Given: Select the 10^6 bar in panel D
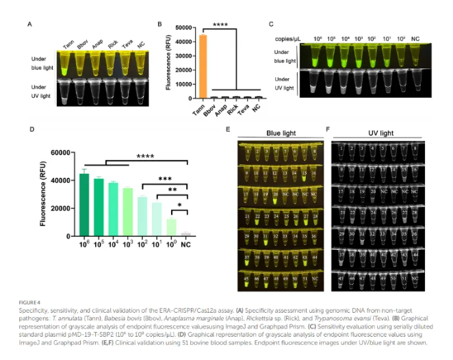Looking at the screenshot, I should [x=84, y=205].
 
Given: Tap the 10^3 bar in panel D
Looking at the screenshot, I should [x=128, y=211].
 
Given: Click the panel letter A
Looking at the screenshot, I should [x=30, y=25].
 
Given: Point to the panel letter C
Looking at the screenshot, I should [x=271, y=25].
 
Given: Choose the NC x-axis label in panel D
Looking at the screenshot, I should [x=186, y=244].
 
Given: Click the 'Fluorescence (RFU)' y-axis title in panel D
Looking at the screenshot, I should [x=44, y=194].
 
